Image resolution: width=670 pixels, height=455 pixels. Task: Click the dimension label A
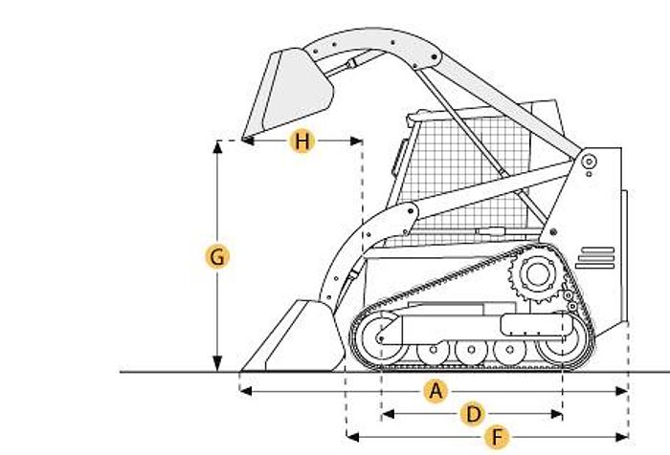coord(435,391)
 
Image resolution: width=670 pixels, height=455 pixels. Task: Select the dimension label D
coord(473,414)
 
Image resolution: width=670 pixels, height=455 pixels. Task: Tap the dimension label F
coord(497,437)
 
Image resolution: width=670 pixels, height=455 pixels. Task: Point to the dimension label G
coord(217,257)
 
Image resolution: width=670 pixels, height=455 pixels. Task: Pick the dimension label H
coord(302,141)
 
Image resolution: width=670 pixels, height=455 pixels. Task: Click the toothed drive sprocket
coord(537,274)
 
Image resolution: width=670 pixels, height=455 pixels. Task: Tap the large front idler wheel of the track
coord(379,338)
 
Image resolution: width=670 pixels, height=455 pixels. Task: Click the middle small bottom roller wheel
coord(471,350)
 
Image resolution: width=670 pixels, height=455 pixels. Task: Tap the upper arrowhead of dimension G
coord(217,147)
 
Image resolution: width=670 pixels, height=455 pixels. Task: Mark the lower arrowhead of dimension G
coord(217,364)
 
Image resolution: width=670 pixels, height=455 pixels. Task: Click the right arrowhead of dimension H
coord(356,141)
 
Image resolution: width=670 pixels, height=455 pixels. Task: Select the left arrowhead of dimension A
coord(246,391)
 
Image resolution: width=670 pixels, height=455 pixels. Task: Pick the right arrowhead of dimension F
coord(622,437)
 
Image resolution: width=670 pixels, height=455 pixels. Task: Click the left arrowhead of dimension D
coord(388,414)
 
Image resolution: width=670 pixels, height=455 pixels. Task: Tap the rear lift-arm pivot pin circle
coord(590,162)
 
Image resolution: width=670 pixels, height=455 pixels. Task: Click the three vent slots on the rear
coord(595,258)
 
